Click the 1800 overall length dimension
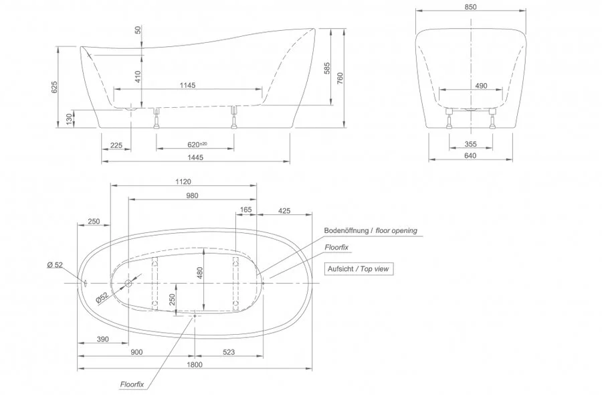point(195,365)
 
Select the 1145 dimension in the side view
point(187,84)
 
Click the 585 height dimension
point(326,68)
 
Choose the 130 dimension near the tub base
point(69,118)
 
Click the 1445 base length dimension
point(195,157)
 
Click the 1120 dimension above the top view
point(183,181)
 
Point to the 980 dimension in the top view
point(192,195)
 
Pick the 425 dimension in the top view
point(284,210)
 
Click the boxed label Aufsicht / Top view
point(359,268)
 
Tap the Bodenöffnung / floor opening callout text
point(370,231)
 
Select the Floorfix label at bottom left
point(132,385)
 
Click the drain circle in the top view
point(128,283)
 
